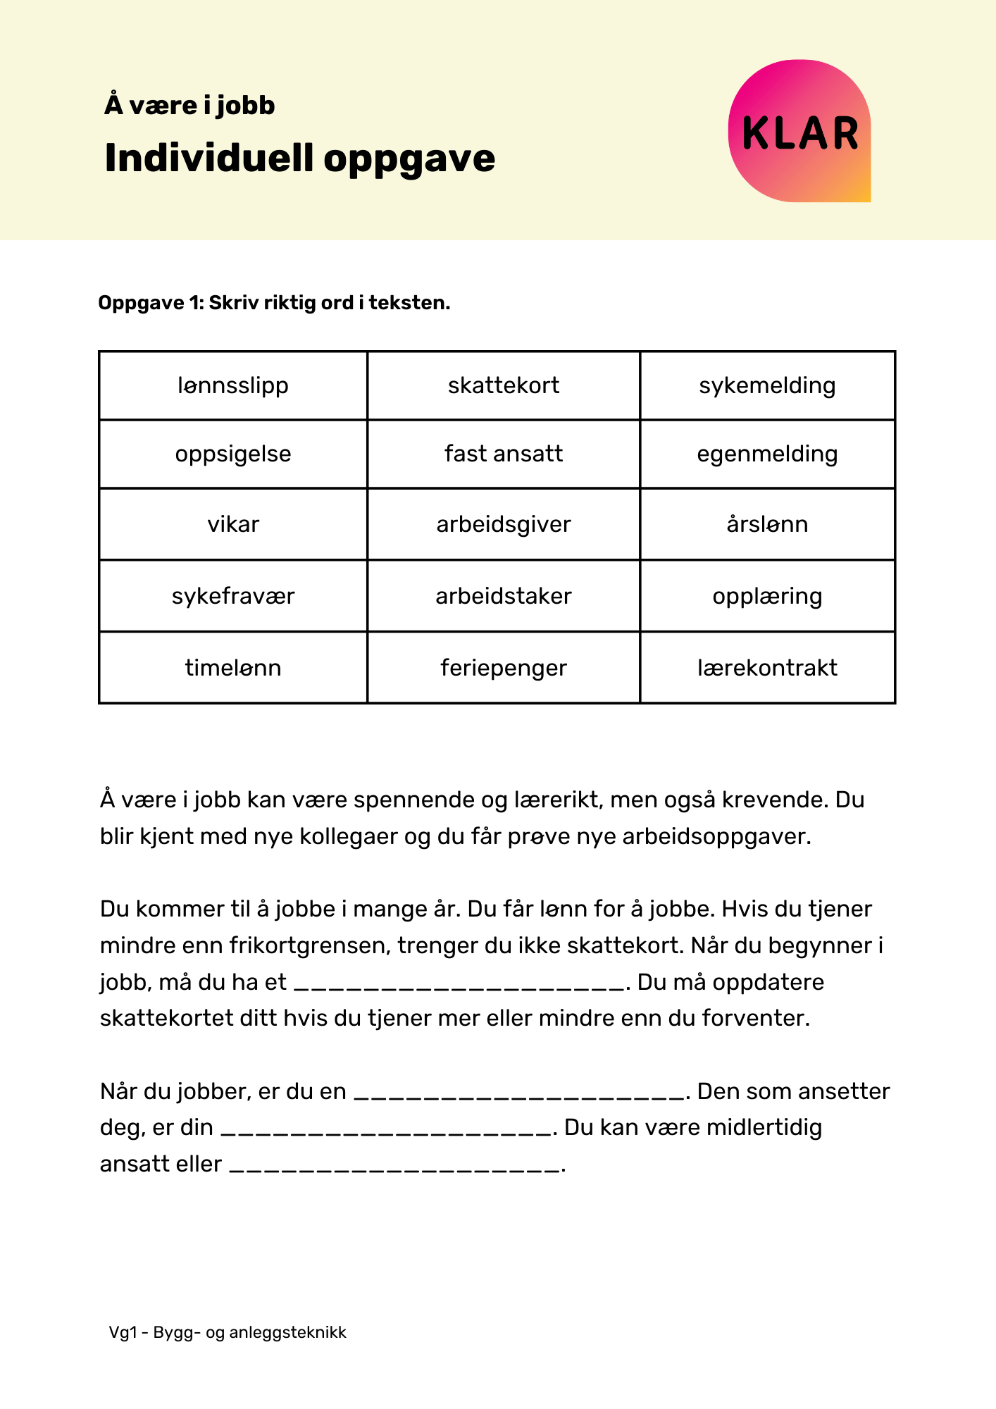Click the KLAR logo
click(799, 132)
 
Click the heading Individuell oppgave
click(299, 158)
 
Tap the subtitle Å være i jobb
click(189, 106)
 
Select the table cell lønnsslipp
click(233, 385)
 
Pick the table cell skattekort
click(504, 385)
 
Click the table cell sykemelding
click(767, 385)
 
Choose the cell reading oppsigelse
click(233, 454)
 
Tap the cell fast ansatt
click(504, 454)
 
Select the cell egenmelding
click(767, 454)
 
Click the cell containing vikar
click(233, 524)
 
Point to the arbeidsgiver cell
click(504, 524)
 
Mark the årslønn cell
click(767, 524)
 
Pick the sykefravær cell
click(233, 596)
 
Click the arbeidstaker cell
click(504, 596)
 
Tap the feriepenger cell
click(504, 667)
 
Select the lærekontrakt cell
click(767, 667)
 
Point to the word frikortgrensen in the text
click(309, 945)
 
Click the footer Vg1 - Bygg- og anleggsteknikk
click(228, 1332)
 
